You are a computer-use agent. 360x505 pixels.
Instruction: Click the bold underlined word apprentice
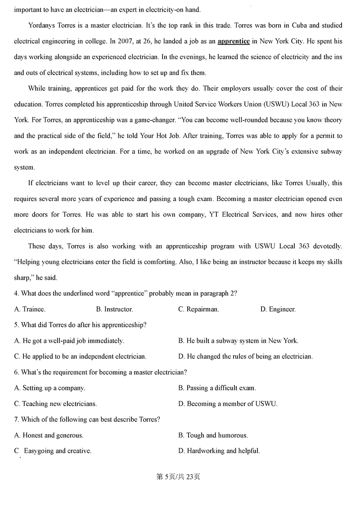click(x=233, y=41)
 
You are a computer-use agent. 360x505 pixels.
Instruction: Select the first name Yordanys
click(x=43, y=25)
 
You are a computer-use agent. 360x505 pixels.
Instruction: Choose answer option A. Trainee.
click(x=30, y=309)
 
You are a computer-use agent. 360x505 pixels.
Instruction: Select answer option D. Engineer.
click(x=278, y=309)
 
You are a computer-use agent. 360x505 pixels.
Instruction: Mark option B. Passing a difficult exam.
click(x=217, y=388)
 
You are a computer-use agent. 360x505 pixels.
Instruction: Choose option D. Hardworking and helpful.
click(x=219, y=451)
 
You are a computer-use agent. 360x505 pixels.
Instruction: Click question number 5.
click(x=16, y=325)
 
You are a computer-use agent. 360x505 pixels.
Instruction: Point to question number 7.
click(x=16, y=420)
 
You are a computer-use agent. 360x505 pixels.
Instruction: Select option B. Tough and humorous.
click(x=213, y=435)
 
